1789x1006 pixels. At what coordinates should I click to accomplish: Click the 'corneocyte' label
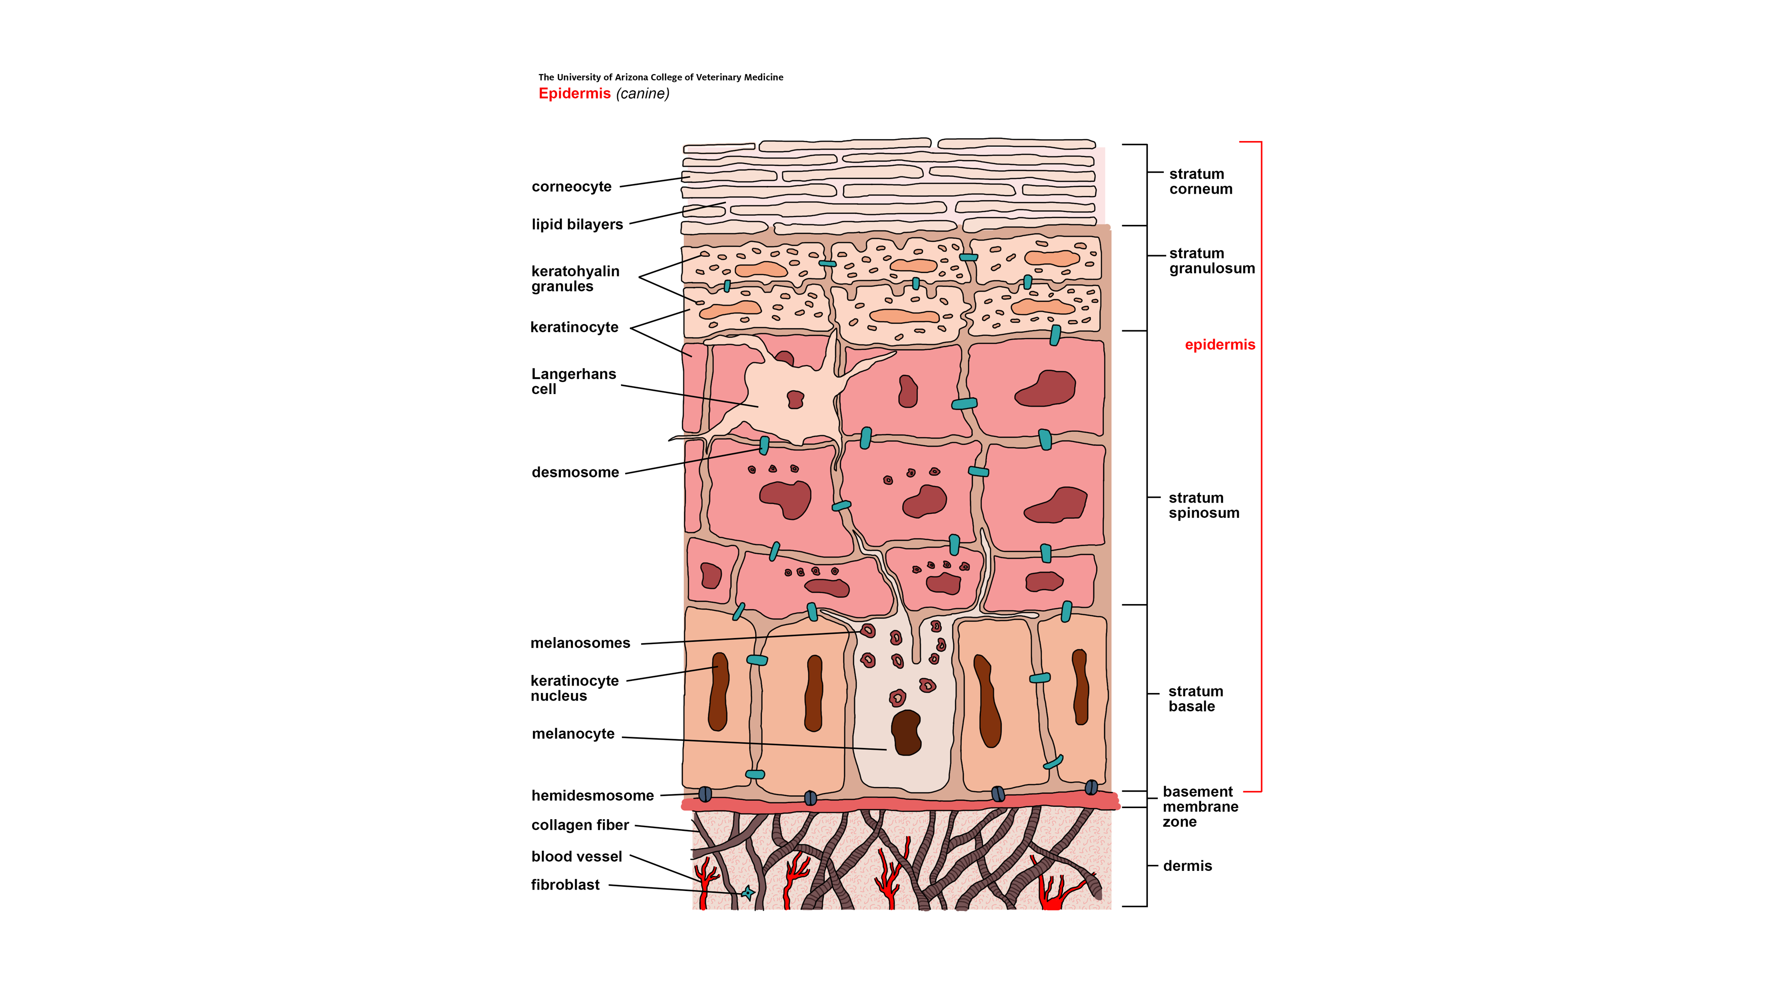click(571, 187)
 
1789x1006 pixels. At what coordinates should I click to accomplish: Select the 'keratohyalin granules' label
click(574, 279)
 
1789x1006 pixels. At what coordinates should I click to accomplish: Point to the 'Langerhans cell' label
click(573, 381)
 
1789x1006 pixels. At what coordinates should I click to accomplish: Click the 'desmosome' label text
click(574, 472)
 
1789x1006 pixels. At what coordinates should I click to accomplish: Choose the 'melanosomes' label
click(580, 643)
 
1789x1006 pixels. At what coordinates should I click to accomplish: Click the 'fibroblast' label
click(565, 884)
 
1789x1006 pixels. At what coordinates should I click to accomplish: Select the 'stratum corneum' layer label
click(1200, 181)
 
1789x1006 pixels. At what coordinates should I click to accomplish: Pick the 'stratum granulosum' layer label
click(1211, 260)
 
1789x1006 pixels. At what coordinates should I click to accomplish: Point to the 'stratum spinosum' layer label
click(1203, 505)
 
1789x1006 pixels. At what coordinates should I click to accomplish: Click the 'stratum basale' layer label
click(1195, 699)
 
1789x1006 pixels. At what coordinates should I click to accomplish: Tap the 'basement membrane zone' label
click(1199, 807)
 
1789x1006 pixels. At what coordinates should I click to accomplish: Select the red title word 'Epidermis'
click(574, 94)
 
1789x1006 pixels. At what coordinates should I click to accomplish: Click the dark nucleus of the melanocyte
click(906, 733)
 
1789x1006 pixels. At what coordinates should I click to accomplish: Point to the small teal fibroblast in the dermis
click(747, 893)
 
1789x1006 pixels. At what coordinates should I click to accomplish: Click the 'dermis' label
click(1187, 866)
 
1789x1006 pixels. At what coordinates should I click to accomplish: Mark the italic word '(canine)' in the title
click(642, 94)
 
